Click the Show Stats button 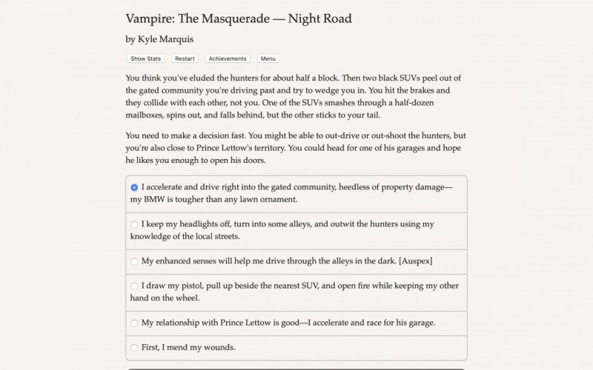click(x=146, y=58)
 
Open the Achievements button click(x=228, y=58)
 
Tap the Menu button click(x=268, y=58)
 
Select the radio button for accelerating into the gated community click(x=134, y=188)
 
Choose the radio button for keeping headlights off click(x=134, y=224)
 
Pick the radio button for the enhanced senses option click(x=134, y=261)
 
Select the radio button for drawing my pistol click(x=134, y=286)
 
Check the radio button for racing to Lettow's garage click(x=134, y=323)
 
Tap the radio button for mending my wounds click(x=134, y=347)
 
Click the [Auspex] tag click(x=415, y=261)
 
